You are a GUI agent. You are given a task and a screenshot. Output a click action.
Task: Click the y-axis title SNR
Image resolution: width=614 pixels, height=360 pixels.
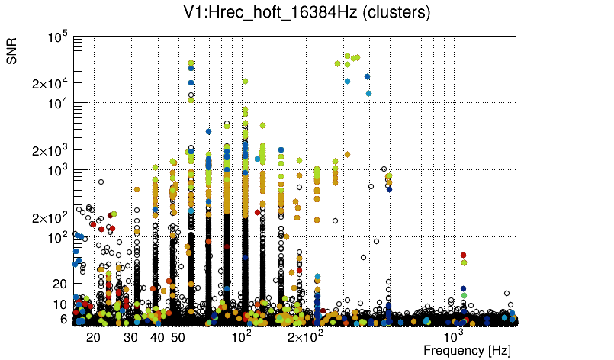click(13, 51)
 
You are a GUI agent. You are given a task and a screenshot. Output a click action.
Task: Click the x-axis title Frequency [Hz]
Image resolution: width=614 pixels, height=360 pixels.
click(467, 350)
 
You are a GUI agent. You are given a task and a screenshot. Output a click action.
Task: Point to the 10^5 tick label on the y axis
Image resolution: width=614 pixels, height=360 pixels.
click(59, 36)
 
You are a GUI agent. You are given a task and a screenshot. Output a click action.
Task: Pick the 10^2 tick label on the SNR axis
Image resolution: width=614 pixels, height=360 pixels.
click(59, 237)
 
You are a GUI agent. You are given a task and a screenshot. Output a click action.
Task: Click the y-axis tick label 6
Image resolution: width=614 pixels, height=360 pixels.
click(65, 319)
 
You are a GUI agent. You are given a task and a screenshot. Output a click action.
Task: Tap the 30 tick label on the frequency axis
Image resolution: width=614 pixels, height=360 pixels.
click(131, 337)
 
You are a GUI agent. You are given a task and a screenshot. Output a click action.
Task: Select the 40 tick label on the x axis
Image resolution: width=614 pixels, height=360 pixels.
click(157, 337)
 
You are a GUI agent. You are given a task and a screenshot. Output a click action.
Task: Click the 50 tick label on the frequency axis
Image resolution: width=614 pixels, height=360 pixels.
click(178, 337)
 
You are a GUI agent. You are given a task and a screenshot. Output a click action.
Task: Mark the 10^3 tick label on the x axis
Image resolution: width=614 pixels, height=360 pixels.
click(454, 336)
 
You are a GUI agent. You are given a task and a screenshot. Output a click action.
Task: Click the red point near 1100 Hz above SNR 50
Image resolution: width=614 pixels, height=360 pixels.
click(463, 255)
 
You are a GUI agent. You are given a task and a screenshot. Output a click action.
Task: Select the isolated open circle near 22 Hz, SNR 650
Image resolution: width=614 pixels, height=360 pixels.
click(101, 182)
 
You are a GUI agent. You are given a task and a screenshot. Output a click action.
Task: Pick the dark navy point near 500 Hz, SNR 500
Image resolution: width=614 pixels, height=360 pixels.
click(389, 189)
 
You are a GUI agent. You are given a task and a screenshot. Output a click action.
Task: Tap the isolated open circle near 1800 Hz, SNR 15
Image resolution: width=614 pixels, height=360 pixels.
click(506, 292)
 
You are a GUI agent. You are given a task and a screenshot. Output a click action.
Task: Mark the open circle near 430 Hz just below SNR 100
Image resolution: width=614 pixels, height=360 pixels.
click(376, 242)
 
